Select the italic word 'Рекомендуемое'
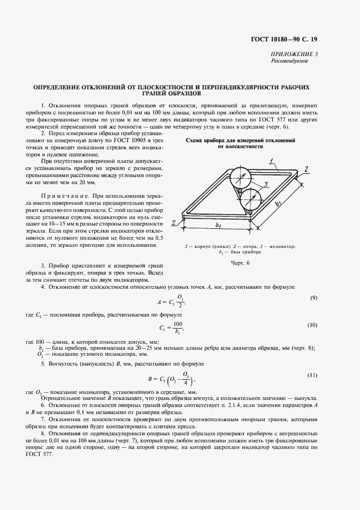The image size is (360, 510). [289, 61]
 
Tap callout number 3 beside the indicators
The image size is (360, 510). [265, 184]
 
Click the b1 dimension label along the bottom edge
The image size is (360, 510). [218, 224]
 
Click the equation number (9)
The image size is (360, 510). [314, 298]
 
